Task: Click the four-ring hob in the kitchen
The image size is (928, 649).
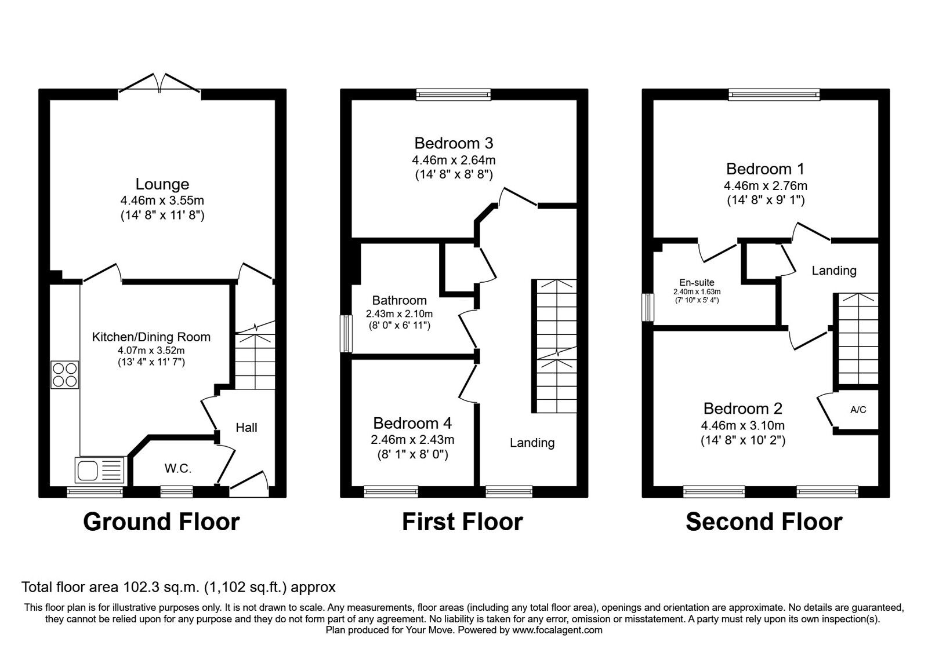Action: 64,374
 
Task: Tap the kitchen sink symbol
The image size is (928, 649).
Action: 100,470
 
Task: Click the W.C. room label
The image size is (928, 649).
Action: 178,469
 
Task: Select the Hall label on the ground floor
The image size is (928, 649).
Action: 246,428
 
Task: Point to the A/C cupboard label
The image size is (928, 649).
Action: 858,410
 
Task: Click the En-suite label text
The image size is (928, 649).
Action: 697,283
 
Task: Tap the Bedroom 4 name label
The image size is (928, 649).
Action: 412,423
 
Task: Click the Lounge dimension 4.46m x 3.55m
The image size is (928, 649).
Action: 162,200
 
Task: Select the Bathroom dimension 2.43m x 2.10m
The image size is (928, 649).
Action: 400,313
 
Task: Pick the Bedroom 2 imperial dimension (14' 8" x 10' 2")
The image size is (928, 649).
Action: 743,440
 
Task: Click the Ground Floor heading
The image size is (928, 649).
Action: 162,522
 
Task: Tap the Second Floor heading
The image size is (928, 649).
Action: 764,522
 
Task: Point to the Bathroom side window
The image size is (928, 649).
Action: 346,334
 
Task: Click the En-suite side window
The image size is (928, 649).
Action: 647,308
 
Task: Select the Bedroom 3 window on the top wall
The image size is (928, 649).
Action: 453,95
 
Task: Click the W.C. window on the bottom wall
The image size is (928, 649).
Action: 176,492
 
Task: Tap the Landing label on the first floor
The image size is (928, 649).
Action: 532,443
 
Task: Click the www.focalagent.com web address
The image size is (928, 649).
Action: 557,630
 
